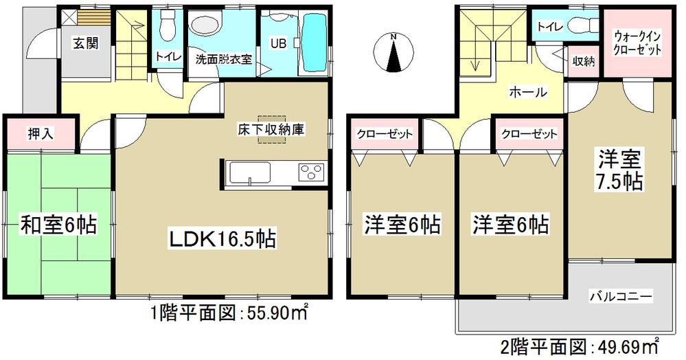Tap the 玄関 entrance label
(x=86, y=43)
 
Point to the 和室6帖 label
(x=58, y=223)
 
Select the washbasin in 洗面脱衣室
(x=204, y=26)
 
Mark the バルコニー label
(x=620, y=297)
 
